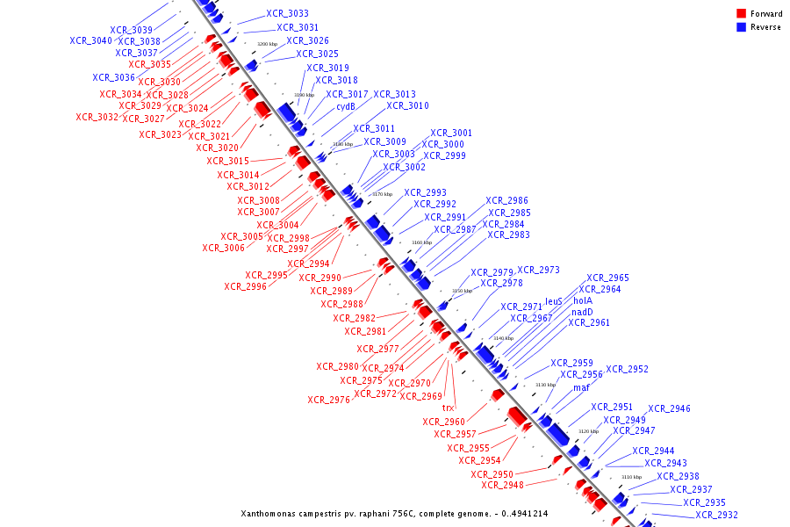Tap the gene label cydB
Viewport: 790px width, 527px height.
pyautogui.click(x=346, y=107)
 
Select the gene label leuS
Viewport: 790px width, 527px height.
pyautogui.click(x=554, y=301)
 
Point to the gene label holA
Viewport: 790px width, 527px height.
pyautogui.click(x=583, y=300)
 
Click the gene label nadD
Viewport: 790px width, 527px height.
pyautogui.click(x=582, y=312)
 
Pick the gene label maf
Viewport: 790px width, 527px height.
pyautogui.click(x=581, y=387)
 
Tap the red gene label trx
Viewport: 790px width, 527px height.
pyautogui.click(x=448, y=408)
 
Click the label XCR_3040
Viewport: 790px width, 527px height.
pyautogui.click(x=90, y=41)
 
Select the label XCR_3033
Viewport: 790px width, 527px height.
pyautogui.click(x=287, y=14)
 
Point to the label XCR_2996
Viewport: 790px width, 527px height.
pyautogui.click(x=245, y=286)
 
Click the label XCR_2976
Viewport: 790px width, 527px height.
pyautogui.click(x=328, y=401)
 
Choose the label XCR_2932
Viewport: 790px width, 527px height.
pyautogui.click(x=716, y=516)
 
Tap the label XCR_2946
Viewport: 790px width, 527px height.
pyautogui.click(x=669, y=409)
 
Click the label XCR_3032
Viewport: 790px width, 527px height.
pyautogui.click(x=97, y=118)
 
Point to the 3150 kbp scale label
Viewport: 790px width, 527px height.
pyautogui.click(x=462, y=291)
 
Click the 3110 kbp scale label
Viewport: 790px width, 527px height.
pyautogui.click(x=632, y=477)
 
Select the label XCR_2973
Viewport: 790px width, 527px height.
pyautogui.click(x=538, y=271)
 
